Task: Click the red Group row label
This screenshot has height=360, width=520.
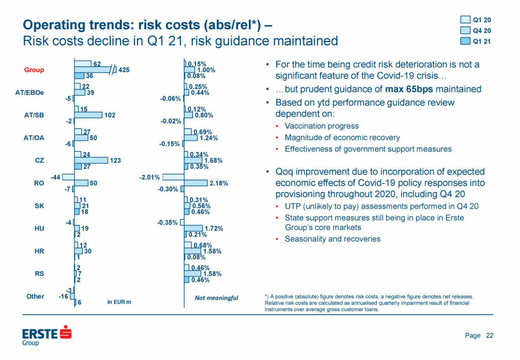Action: pyautogui.click(x=34, y=70)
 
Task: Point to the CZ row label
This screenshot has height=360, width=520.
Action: pyautogui.click(x=39, y=160)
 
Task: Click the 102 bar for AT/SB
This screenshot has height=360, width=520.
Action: pyautogui.click(x=88, y=115)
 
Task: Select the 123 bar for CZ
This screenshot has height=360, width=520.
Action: pyautogui.click(x=91, y=160)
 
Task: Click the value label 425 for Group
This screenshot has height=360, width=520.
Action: pyautogui.click(x=124, y=70)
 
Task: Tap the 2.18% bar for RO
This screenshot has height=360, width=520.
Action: pyautogui.click(x=196, y=183)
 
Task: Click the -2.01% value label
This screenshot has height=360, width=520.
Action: pyautogui.click(x=150, y=177)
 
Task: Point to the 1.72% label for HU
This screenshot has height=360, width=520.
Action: pyautogui.click(x=214, y=228)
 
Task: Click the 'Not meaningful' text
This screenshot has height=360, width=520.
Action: pyautogui.click(x=216, y=298)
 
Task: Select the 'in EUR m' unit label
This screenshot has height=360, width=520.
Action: pyautogui.click(x=119, y=302)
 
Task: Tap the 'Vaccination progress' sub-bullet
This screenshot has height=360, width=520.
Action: pyautogui.click(x=321, y=126)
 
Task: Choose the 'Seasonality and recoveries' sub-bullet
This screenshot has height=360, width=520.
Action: pyautogui.click(x=332, y=239)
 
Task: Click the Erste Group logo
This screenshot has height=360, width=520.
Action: pyautogui.click(x=47, y=336)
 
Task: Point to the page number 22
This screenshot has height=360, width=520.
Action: pyautogui.click(x=490, y=335)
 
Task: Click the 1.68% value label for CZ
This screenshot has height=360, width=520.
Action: pyautogui.click(x=214, y=160)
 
